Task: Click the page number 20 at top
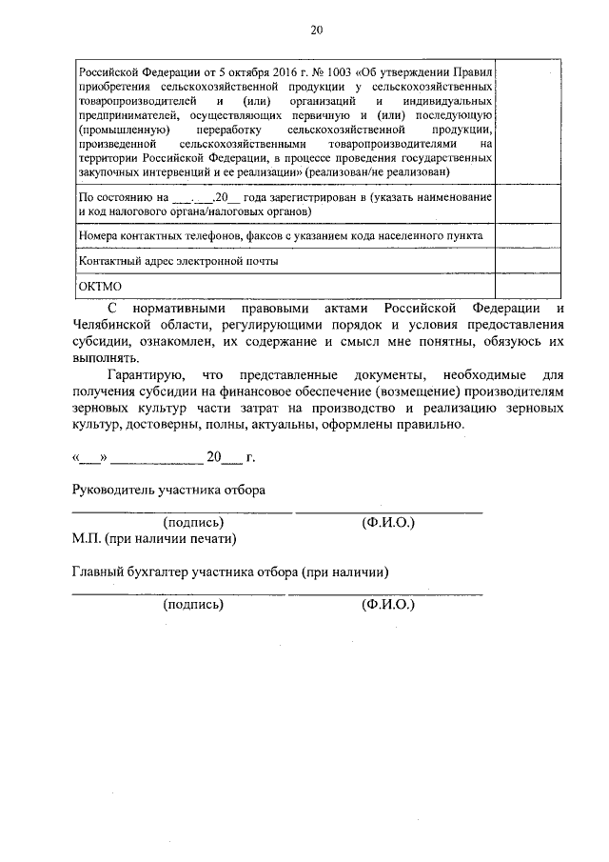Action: point(317,30)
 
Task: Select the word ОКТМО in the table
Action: point(97,286)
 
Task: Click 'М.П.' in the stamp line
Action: point(88,538)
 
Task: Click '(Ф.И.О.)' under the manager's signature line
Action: point(388,522)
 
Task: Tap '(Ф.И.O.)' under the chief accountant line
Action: point(388,604)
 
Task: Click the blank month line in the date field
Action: point(156,458)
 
